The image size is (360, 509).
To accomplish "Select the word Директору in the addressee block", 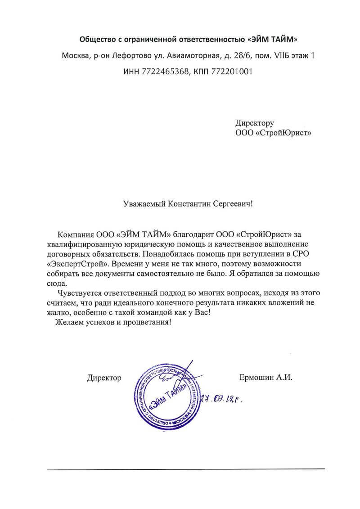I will click(x=254, y=123).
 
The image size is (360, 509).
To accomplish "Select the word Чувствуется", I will click(x=79, y=293).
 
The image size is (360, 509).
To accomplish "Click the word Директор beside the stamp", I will click(x=104, y=378).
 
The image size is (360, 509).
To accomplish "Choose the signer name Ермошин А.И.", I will click(x=266, y=378).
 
